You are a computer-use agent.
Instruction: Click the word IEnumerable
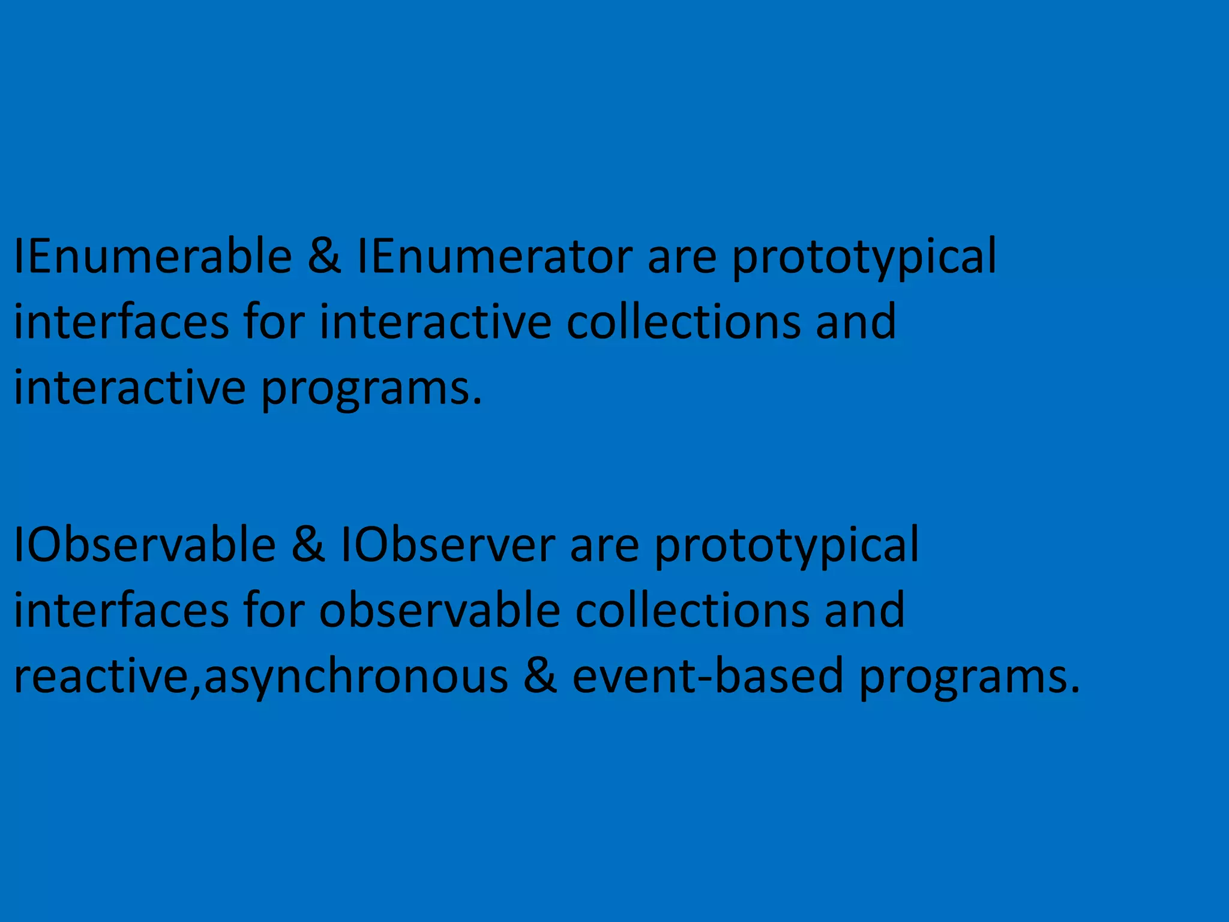(x=152, y=257)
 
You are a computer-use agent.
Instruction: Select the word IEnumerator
(x=494, y=257)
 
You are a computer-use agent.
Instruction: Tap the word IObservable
(x=145, y=545)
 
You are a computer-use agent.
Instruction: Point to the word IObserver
(x=448, y=545)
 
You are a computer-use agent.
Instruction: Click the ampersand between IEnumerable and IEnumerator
(x=324, y=257)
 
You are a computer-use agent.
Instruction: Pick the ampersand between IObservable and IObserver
(x=308, y=545)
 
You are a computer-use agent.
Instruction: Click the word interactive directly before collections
(x=435, y=322)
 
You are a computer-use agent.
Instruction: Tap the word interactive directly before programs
(x=130, y=388)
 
